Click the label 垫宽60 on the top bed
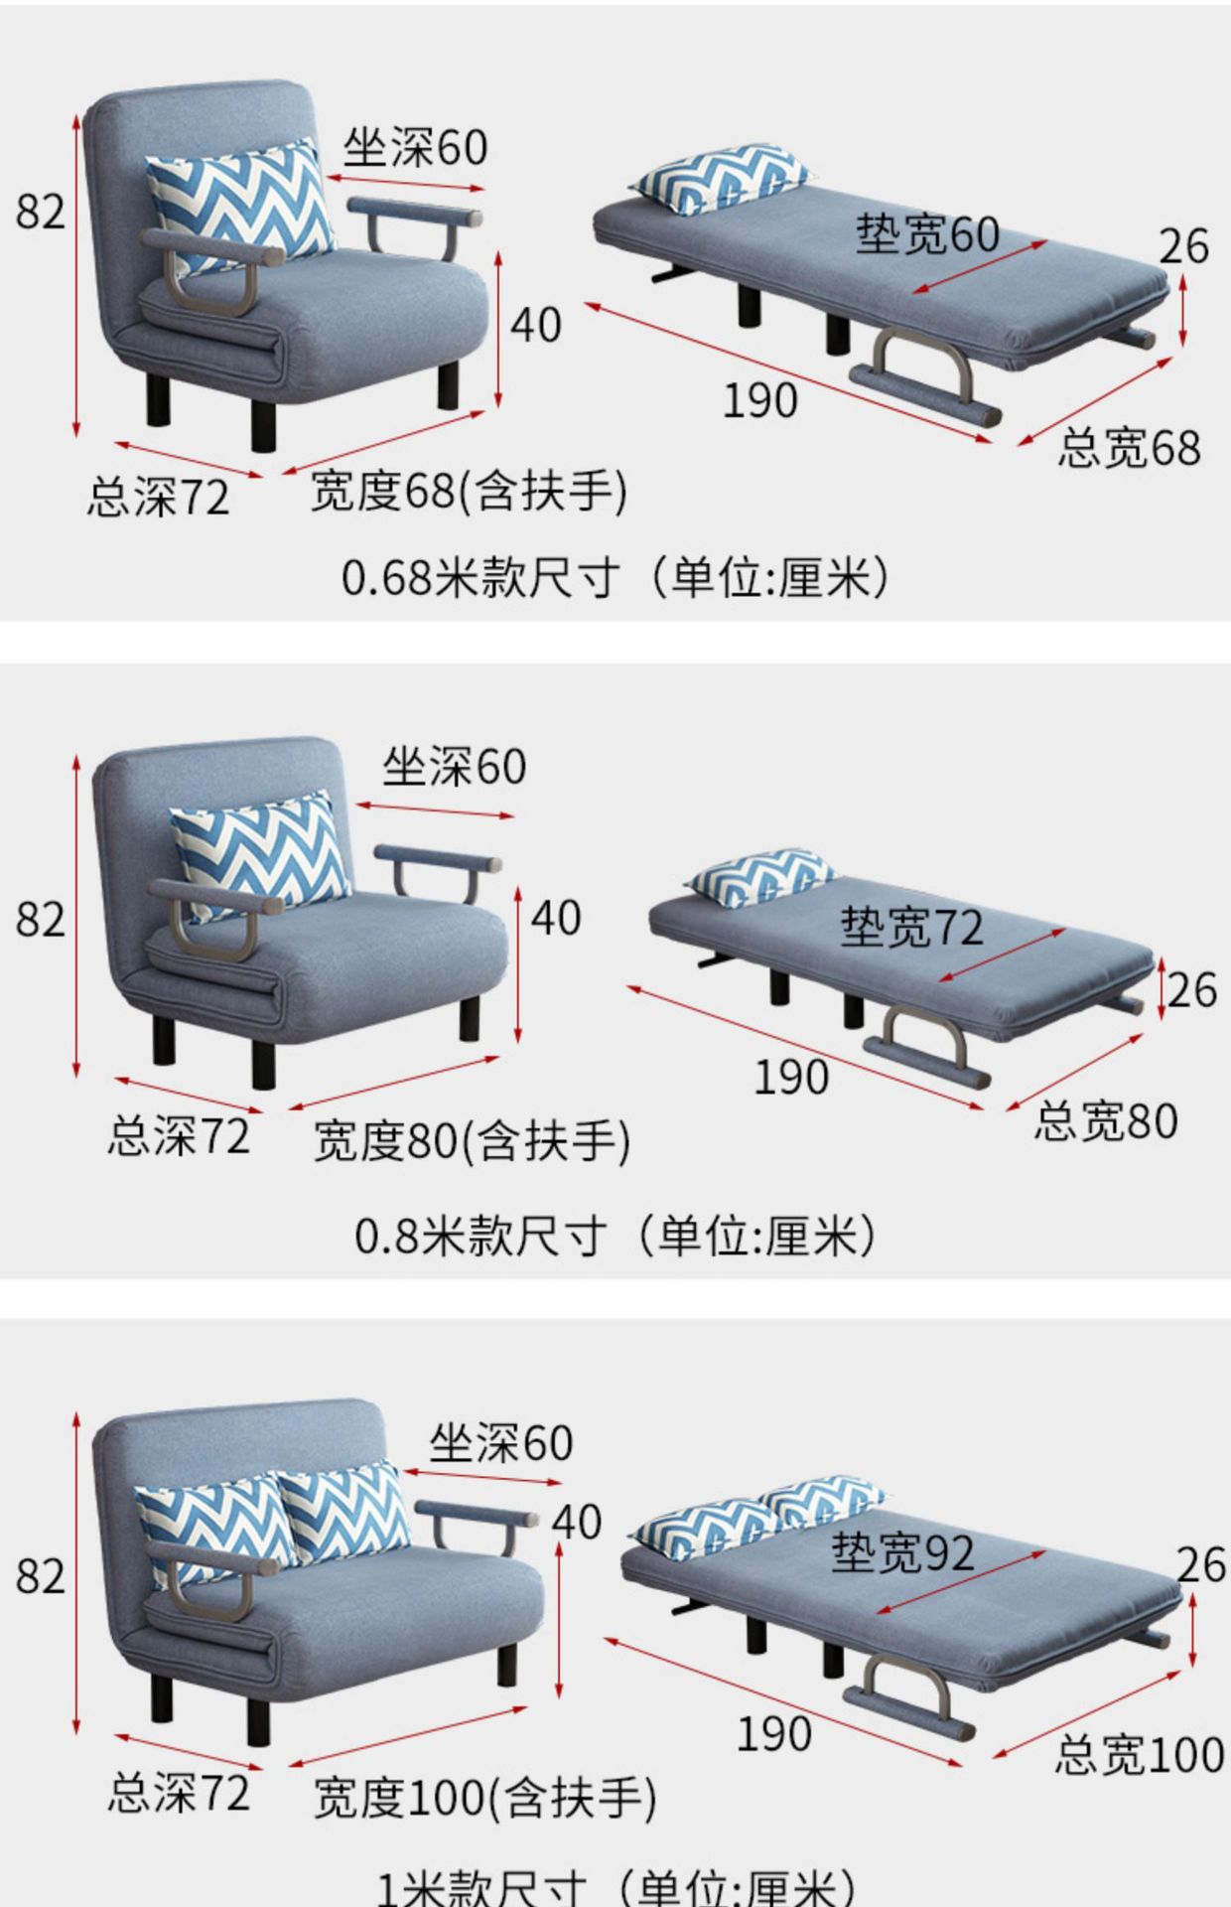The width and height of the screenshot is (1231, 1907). tap(927, 234)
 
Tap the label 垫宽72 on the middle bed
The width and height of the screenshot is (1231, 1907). tap(911, 926)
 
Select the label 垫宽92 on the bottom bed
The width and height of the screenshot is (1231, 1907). tap(901, 1551)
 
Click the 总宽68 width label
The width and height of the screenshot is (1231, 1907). tap(1128, 447)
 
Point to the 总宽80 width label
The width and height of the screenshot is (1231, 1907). tap(1106, 1120)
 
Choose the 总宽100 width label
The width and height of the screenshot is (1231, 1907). tap(1139, 1754)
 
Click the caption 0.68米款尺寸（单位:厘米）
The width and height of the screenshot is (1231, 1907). tap(615, 576)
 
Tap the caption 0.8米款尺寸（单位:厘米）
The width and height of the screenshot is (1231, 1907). tap(615, 1236)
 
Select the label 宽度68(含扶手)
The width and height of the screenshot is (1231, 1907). tap(469, 491)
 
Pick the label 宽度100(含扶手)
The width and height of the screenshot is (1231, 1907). tap(484, 1798)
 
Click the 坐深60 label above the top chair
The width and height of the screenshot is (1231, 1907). tap(415, 148)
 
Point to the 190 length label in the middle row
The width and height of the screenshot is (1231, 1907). tap(791, 1077)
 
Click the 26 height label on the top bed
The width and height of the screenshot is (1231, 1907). tap(1183, 246)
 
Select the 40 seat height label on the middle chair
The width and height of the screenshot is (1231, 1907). tap(556, 918)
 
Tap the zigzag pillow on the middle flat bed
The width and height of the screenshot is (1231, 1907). tap(759, 877)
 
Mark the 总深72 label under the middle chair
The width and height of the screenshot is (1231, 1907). tap(179, 1136)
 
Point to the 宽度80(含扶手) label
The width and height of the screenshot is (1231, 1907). tap(472, 1140)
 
